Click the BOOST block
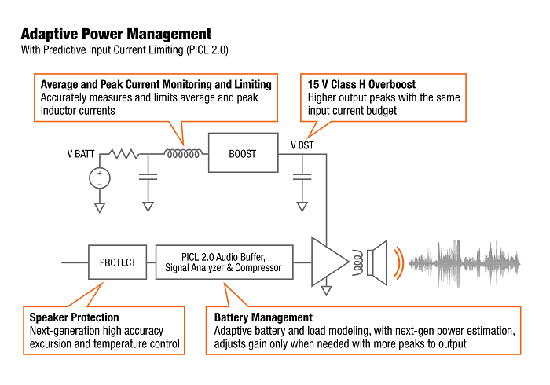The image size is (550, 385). click(243, 153)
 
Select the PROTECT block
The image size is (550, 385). click(117, 262)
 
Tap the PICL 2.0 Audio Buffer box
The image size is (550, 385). click(225, 262)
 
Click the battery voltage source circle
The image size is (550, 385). click(100, 178)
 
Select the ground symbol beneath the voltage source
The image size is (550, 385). click(100, 207)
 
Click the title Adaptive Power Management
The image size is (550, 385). click(115, 35)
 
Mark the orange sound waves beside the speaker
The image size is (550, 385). click(401, 262)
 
